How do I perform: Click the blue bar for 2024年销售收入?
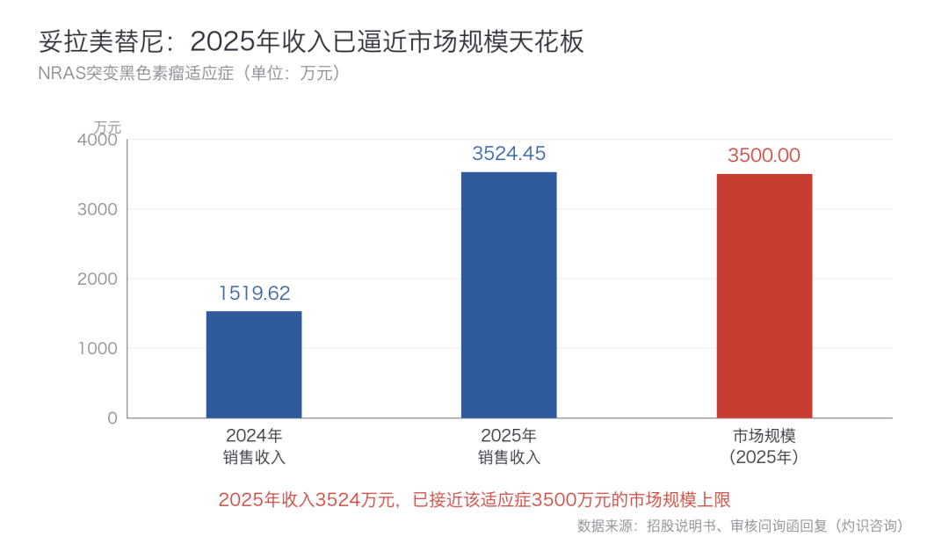[x=254, y=365]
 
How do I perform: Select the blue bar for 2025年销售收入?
[x=509, y=294]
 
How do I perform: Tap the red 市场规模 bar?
[x=764, y=296]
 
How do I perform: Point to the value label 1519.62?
[x=254, y=293]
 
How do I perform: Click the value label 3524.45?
[x=509, y=153]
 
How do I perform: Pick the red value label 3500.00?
[x=764, y=156]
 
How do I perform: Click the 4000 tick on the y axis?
[x=98, y=140]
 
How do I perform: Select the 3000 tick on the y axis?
[x=98, y=209]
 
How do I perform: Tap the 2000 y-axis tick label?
[x=98, y=279]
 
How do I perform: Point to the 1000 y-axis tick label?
[x=98, y=349]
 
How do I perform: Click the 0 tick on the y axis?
[x=112, y=418]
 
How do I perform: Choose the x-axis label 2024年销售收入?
[x=254, y=446]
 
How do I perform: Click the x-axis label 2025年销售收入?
[x=509, y=446]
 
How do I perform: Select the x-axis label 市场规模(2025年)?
[x=764, y=446]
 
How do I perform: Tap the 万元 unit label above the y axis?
[x=108, y=127]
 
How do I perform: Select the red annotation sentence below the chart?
[x=474, y=499]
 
